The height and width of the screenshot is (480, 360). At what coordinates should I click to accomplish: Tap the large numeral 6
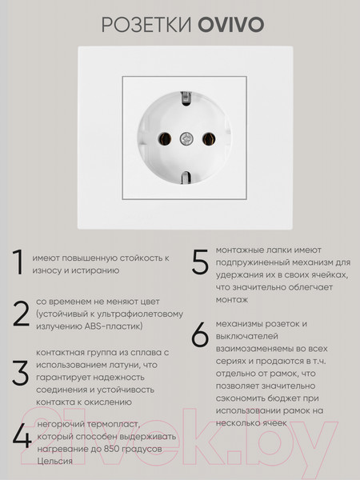[200, 337]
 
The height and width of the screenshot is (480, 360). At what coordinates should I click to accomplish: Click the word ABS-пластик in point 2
[114, 326]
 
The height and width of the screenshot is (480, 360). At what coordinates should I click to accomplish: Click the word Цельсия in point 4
[53, 461]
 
